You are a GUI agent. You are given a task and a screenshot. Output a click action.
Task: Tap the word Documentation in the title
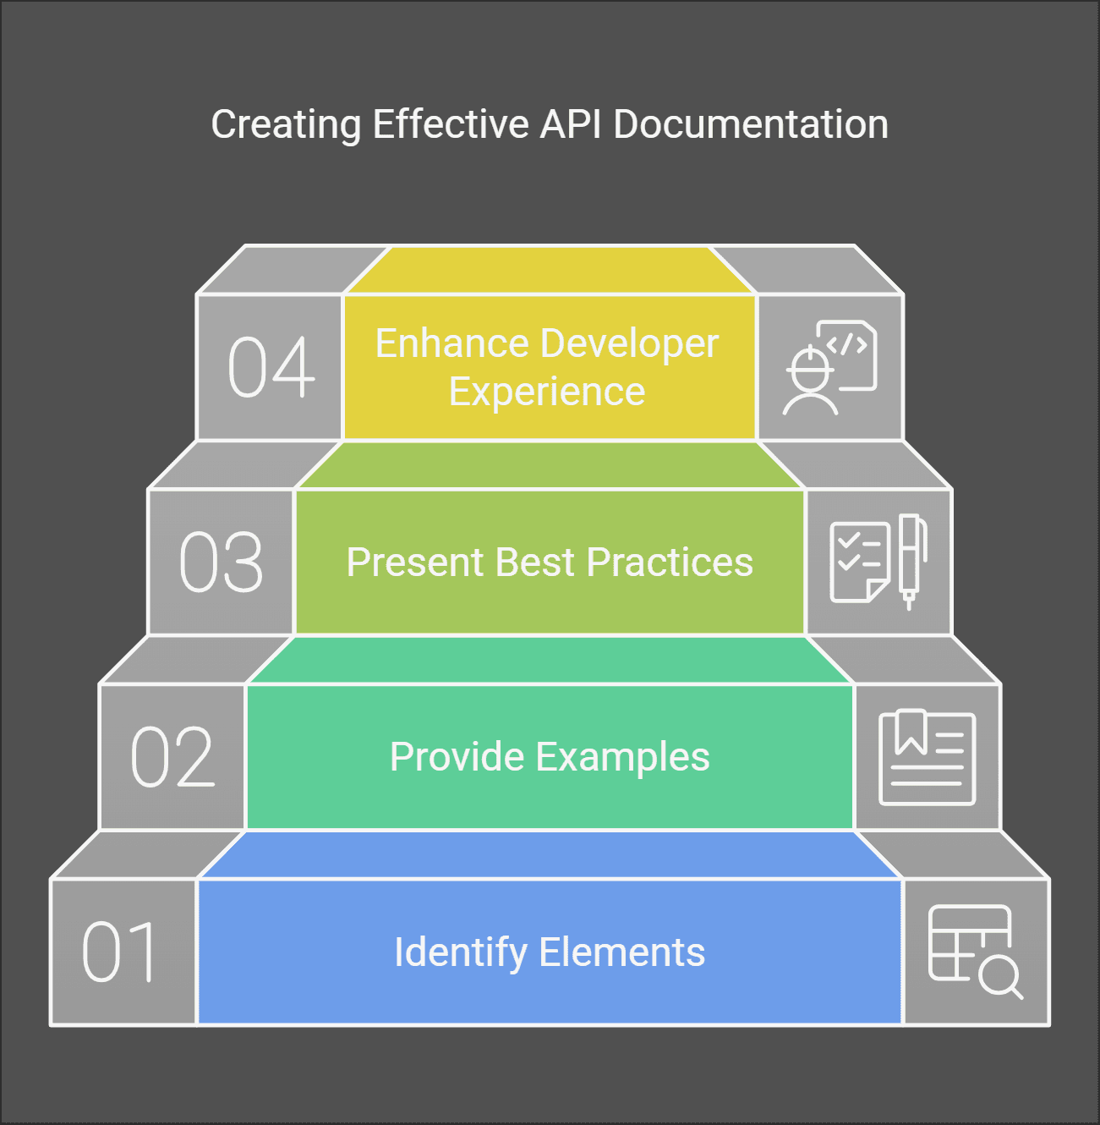(751, 124)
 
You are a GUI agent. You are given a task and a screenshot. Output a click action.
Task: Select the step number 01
(120, 952)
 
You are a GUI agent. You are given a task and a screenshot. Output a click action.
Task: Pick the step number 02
(172, 757)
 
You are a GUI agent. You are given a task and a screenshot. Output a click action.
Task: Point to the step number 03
(222, 562)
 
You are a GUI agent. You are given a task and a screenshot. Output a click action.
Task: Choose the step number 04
(271, 367)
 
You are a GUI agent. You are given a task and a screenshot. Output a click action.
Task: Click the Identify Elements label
(550, 952)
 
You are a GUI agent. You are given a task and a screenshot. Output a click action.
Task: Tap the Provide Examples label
(550, 757)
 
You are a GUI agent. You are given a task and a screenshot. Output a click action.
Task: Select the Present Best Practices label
(550, 562)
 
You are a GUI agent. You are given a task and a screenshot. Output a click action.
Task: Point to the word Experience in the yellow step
(547, 392)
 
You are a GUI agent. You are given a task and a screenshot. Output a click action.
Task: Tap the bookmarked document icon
(928, 757)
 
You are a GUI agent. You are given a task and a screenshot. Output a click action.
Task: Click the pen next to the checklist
(911, 560)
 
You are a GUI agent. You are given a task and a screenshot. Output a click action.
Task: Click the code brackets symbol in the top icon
(846, 345)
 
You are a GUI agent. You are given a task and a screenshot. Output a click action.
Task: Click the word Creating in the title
(286, 124)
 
